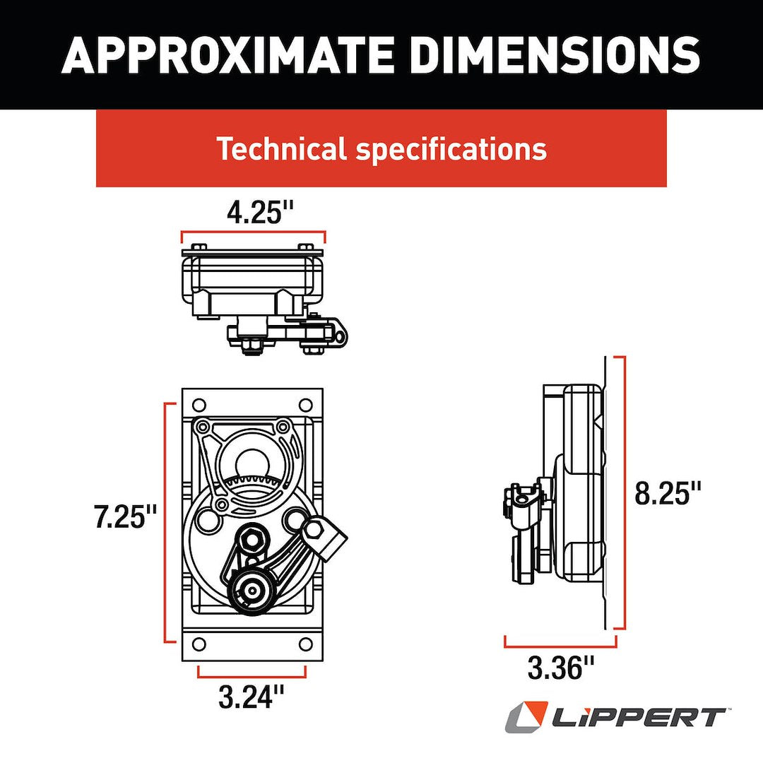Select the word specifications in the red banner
451,149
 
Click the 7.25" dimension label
126,517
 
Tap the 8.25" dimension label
668,492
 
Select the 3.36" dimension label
562,667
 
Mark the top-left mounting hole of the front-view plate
199,406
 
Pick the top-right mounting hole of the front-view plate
305,406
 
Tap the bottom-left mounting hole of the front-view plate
199,644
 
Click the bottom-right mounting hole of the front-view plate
305,644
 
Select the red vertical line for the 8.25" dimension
624,492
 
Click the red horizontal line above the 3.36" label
560,646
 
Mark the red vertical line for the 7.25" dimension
166,522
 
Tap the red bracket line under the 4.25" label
253,232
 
